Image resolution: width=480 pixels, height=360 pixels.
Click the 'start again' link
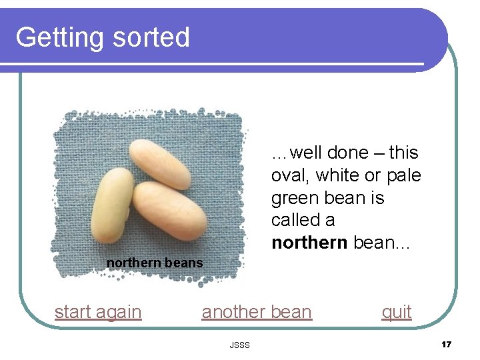click(98, 312)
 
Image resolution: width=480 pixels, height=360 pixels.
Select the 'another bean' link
click(257, 312)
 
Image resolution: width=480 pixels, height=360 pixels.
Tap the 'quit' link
click(396, 312)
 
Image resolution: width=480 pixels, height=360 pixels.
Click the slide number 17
click(446, 344)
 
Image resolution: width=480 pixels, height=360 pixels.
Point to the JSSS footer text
click(239, 345)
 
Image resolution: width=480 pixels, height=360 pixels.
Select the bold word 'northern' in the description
click(309, 243)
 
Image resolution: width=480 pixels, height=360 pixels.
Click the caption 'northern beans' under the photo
click(155, 263)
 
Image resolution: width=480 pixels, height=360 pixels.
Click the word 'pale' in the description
click(402, 176)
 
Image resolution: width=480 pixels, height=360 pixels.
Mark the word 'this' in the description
click(403, 153)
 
